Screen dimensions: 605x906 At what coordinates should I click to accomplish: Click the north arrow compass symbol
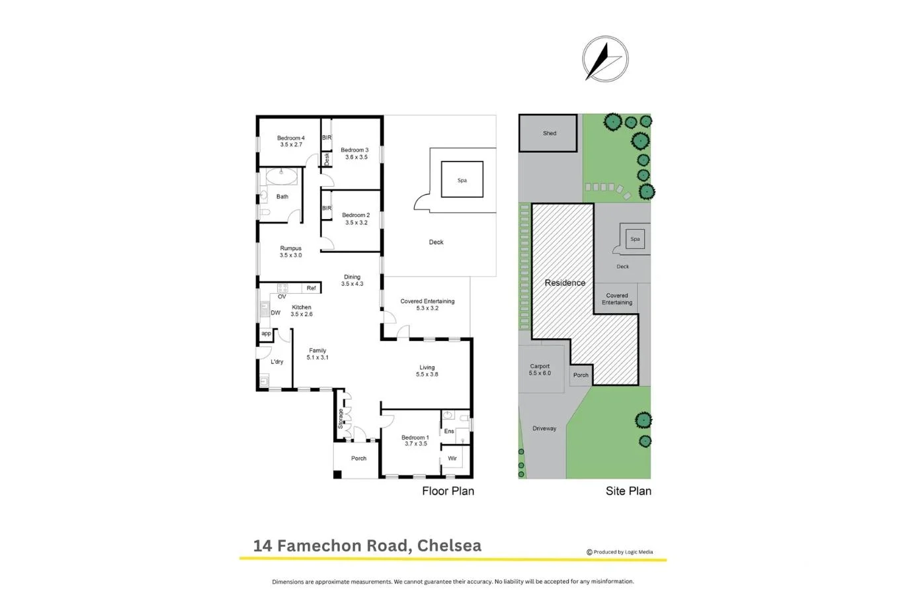tap(604, 59)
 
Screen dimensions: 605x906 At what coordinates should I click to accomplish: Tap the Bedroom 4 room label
tap(291, 141)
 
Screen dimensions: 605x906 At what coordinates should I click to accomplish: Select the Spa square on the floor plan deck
tap(462, 180)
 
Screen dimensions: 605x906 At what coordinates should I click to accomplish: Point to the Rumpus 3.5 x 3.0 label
tap(290, 252)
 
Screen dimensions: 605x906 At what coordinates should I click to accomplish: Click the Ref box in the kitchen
tap(311, 288)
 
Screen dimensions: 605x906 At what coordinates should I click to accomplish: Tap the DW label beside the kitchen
tap(276, 312)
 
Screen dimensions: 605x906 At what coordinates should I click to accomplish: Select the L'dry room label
tap(277, 361)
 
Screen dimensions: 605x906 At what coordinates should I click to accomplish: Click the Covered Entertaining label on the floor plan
tap(427, 304)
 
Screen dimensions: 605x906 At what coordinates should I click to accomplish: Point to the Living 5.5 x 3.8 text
tap(427, 371)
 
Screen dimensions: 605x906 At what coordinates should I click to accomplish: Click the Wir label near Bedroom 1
tap(452, 458)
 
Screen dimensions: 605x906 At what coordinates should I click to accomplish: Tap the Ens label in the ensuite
tap(449, 431)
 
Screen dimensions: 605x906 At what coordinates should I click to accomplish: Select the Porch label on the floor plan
tap(358, 458)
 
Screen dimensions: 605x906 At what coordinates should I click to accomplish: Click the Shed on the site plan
tap(550, 133)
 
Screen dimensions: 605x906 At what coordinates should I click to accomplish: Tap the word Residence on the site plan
tap(565, 283)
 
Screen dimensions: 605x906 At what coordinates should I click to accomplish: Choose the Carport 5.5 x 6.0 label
tap(540, 369)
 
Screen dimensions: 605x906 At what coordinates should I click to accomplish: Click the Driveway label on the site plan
tap(544, 428)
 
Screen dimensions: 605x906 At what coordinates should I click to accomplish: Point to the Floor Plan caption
tap(448, 490)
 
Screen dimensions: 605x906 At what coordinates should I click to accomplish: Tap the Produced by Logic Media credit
tap(620, 552)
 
